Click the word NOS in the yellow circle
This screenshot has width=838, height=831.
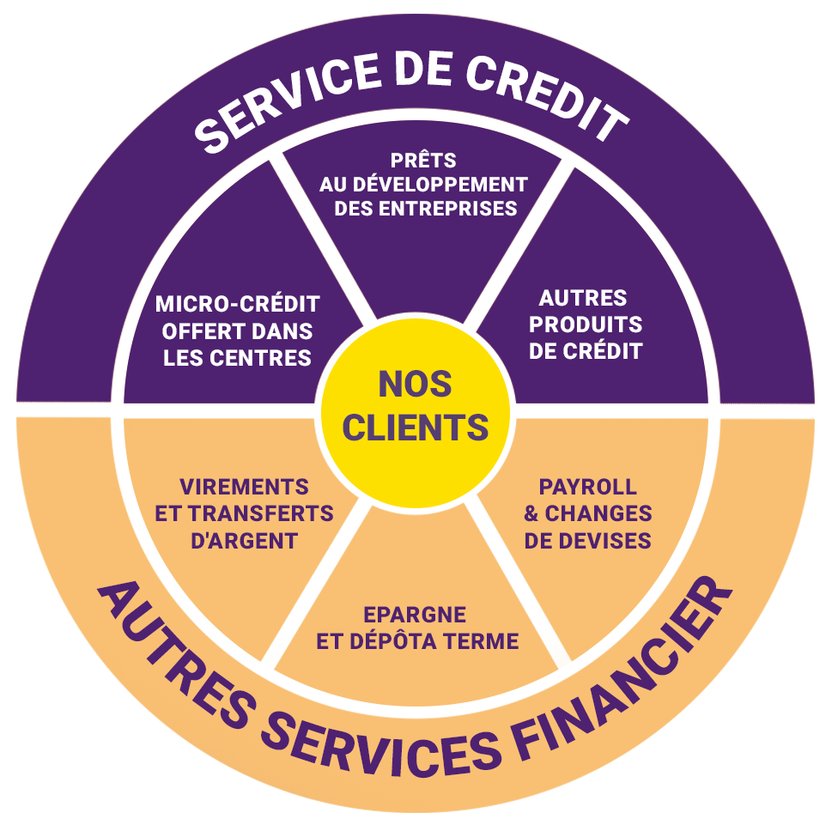click(x=415, y=385)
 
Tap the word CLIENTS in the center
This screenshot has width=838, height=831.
click(x=416, y=428)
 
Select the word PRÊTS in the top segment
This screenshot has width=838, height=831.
click(x=423, y=160)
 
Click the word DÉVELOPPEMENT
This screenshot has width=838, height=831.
click(x=440, y=185)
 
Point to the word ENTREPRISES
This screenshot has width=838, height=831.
click(x=448, y=209)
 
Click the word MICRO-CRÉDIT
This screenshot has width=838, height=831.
click(x=237, y=304)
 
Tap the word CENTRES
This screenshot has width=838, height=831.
click(x=260, y=358)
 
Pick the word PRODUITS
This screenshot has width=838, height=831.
click(x=586, y=325)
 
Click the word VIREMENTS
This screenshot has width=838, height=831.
click(x=244, y=487)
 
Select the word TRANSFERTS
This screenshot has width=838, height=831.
click(x=261, y=513)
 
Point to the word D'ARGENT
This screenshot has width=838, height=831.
click(x=244, y=541)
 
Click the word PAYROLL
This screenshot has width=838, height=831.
click(x=588, y=487)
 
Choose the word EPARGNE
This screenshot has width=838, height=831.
click(x=415, y=615)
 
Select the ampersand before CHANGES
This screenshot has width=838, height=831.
click(x=531, y=513)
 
